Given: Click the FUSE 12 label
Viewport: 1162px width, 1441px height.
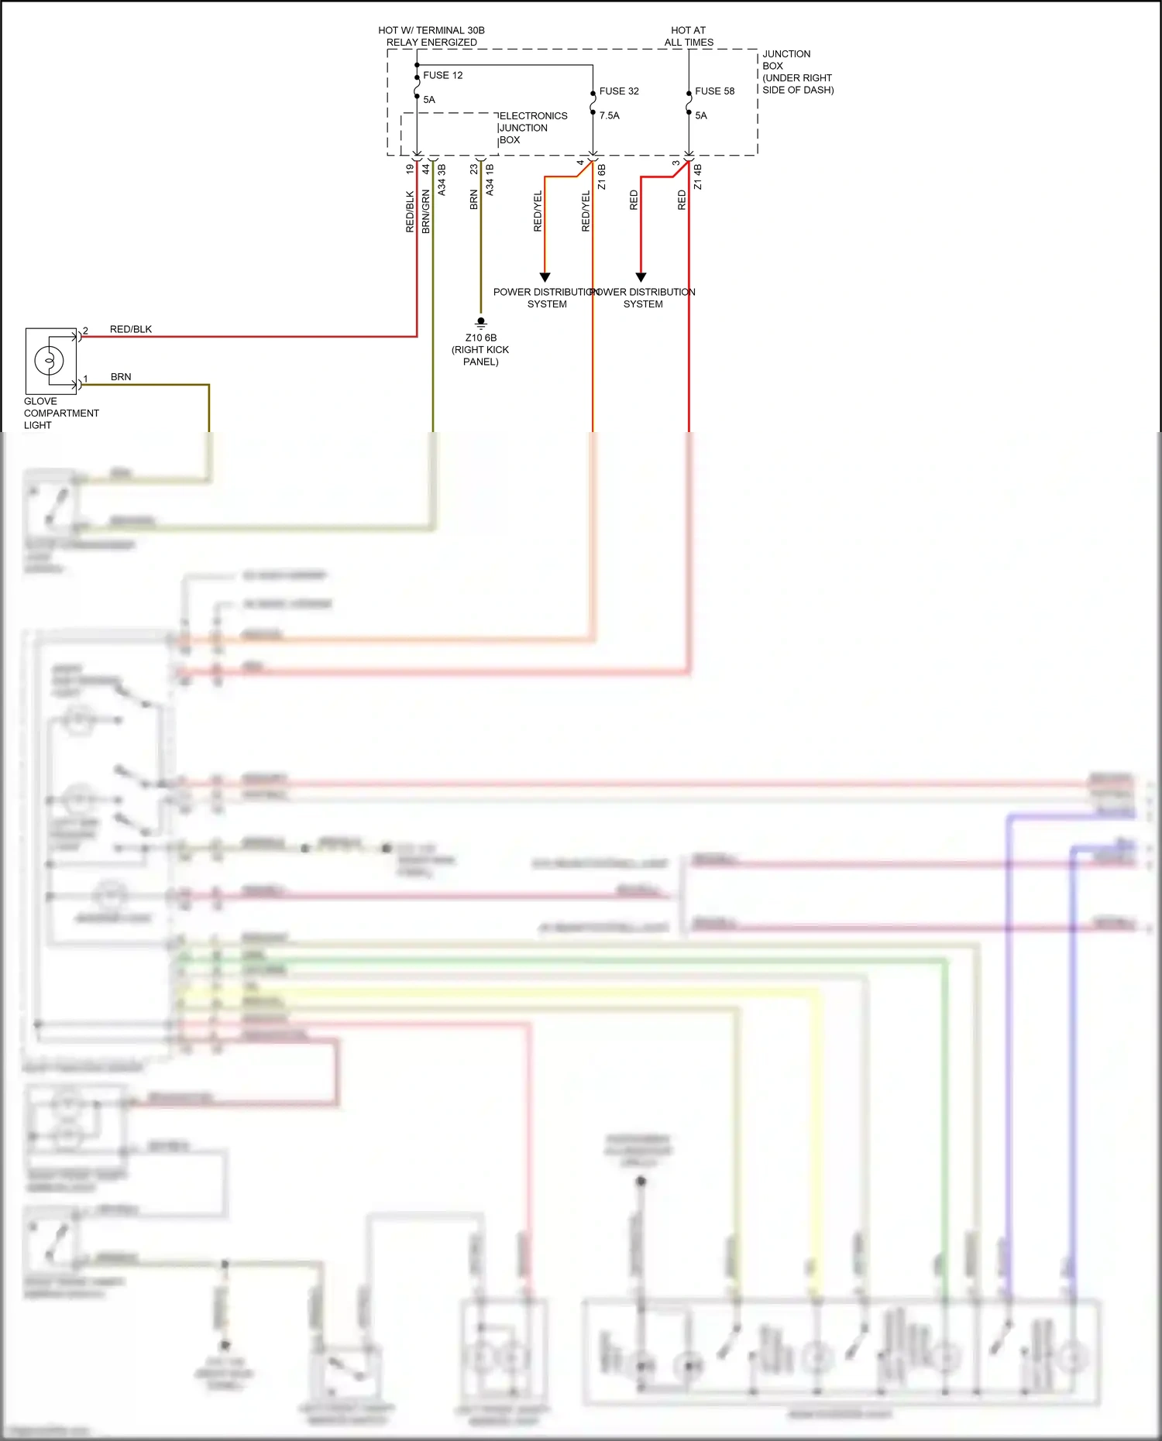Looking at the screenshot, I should (x=442, y=75).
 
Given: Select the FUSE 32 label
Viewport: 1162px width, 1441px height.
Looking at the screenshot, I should (x=619, y=91).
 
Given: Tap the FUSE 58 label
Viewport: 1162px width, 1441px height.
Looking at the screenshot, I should (x=714, y=91).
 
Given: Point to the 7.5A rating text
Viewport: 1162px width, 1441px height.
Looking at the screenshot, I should (x=609, y=115).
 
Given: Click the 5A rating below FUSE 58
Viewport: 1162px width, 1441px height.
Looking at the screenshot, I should (x=701, y=115).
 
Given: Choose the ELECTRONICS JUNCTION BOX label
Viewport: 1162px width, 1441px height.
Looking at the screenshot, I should (x=532, y=128).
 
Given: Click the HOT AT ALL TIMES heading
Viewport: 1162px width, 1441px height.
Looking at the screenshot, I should (x=689, y=36).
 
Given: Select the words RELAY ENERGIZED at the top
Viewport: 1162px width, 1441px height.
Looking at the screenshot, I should (x=431, y=43).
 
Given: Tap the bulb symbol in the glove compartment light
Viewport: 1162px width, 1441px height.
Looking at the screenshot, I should (x=50, y=361).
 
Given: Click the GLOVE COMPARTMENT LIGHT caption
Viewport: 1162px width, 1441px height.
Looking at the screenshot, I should (x=60, y=413).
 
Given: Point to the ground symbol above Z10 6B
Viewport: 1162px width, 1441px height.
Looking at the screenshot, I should (x=481, y=322).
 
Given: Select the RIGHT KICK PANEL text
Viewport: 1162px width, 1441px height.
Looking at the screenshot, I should (x=480, y=355).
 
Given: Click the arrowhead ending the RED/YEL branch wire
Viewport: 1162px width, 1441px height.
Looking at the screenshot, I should (x=545, y=277).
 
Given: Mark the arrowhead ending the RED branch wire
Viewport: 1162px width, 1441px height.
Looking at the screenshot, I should (x=641, y=277).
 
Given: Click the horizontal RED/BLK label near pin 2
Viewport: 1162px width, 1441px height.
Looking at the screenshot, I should (x=131, y=329).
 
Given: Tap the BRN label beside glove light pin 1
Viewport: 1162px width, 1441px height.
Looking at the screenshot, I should (x=121, y=377).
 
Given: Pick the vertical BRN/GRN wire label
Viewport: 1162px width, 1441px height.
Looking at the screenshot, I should (x=426, y=211).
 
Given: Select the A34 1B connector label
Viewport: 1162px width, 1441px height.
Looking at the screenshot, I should (x=490, y=179).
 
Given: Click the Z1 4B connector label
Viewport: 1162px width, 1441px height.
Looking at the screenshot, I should (x=697, y=177).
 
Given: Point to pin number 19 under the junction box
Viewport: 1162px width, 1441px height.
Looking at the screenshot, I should (x=410, y=168).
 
